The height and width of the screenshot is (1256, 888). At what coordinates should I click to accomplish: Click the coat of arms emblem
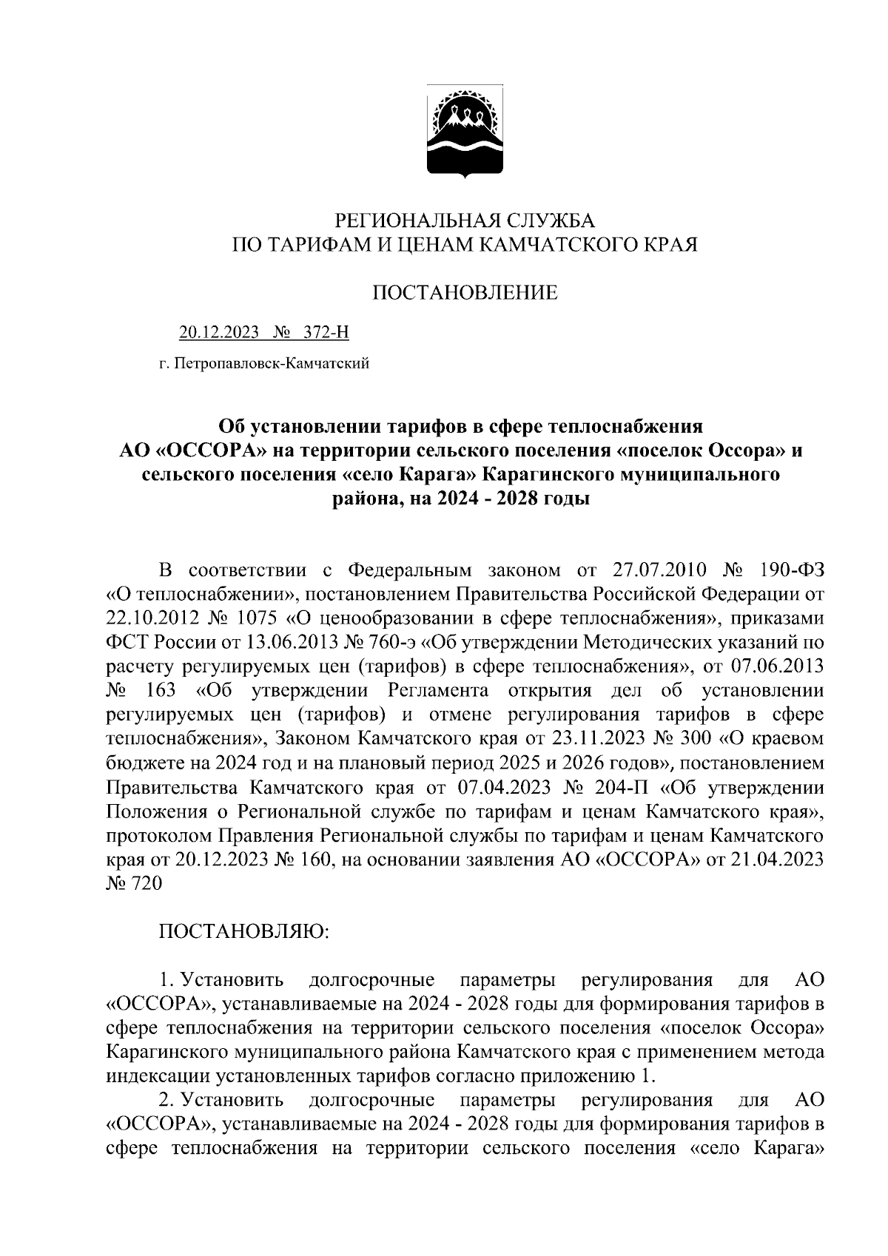[x=464, y=132]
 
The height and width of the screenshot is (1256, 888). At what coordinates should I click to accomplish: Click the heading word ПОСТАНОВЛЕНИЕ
[x=464, y=293]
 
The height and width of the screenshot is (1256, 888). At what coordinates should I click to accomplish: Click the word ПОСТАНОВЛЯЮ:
[x=244, y=932]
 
